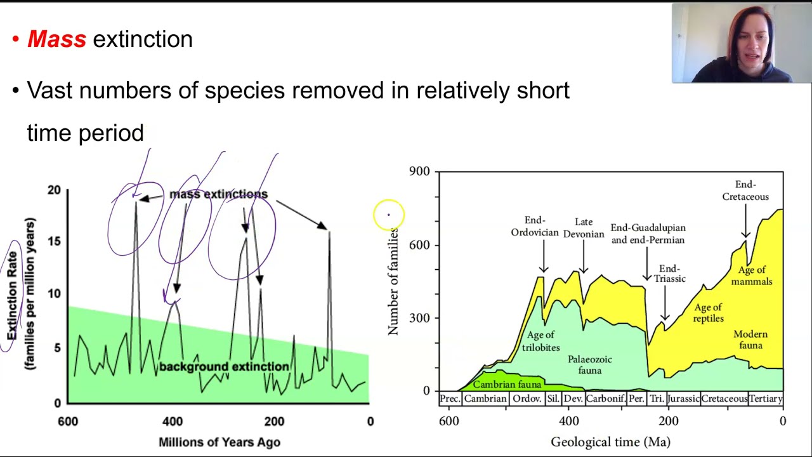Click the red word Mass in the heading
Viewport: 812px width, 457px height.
click(x=56, y=39)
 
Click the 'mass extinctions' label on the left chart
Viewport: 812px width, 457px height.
click(x=218, y=194)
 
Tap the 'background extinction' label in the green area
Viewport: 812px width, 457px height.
click(x=224, y=367)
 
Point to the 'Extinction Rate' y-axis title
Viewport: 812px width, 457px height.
click(x=12, y=295)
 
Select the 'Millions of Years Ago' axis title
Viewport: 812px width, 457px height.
click(x=219, y=442)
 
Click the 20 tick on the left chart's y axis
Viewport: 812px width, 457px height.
click(x=53, y=190)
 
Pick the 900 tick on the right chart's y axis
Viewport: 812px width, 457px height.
click(x=419, y=171)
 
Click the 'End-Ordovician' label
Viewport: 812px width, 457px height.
click(x=535, y=227)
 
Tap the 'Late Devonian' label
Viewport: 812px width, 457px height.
click(x=584, y=228)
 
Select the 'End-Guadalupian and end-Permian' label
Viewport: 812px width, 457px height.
click(x=648, y=234)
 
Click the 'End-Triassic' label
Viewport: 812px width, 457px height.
click(x=669, y=274)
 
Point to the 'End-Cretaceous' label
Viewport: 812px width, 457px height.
click(x=745, y=190)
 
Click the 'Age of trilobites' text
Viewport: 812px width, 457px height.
click(x=540, y=341)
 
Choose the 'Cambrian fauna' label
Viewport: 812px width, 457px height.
click(x=507, y=385)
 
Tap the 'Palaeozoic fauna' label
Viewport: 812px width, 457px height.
click(x=589, y=364)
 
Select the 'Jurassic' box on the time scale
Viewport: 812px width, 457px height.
click(x=683, y=399)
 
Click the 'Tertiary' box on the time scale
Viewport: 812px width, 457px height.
click(x=765, y=399)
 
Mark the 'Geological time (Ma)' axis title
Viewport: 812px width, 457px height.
click(x=610, y=442)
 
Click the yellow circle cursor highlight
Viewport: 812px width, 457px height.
click(x=389, y=215)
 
